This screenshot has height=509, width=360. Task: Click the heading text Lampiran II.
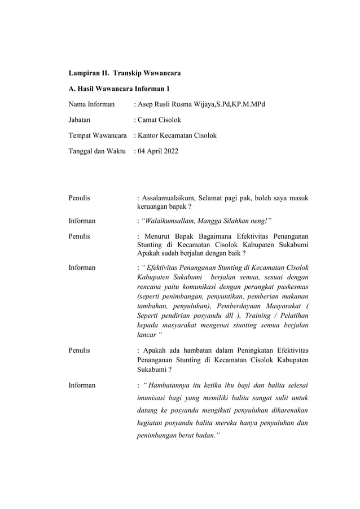(88, 73)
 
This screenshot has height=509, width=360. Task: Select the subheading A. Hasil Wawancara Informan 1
(119, 89)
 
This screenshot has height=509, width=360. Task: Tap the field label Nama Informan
(91, 104)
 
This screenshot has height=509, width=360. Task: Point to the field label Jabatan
(80, 120)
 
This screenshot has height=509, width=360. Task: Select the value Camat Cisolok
(159, 120)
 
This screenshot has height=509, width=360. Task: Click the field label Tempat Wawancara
(97, 135)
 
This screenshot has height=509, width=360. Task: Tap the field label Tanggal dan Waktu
(96, 151)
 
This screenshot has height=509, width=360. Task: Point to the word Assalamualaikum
(170, 198)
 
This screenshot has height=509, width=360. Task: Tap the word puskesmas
(291, 286)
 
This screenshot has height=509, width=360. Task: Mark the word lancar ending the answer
(147, 334)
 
